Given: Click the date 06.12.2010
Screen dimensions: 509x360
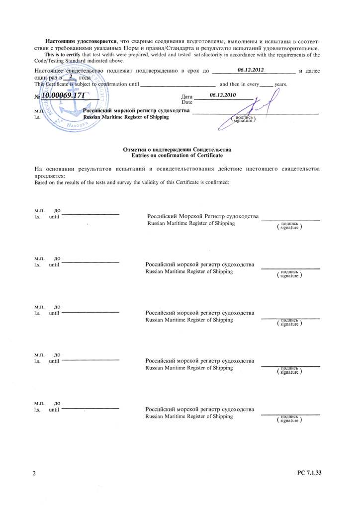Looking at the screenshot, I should pyautogui.click(x=223, y=94).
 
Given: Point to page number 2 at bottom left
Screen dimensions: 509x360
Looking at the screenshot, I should pyautogui.click(x=34, y=474).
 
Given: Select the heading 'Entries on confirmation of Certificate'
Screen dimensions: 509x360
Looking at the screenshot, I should pyautogui.click(x=177, y=156).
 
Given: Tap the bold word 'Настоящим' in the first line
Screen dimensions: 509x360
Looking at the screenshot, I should pyautogui.click(x=61, y=39).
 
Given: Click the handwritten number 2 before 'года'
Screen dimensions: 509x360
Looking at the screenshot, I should pyautogui.click(x=71, y=77).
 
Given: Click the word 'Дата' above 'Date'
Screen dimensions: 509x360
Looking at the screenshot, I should pyautogui.click(x=187, y=95).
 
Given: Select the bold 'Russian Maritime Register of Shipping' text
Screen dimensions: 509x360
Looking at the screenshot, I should pyautogui.click(x=126, y=117).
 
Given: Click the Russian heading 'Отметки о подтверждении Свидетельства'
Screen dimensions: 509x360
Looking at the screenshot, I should pyautogui.click(x=177, y=150).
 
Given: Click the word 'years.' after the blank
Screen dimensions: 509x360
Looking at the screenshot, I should pyautogui.click(x=281, y=85).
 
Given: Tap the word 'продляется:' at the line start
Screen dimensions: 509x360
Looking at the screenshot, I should pyautogui.click(x=49, y=176).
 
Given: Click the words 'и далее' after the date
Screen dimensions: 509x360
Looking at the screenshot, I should pyautogui.click(x=309, y=72).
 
